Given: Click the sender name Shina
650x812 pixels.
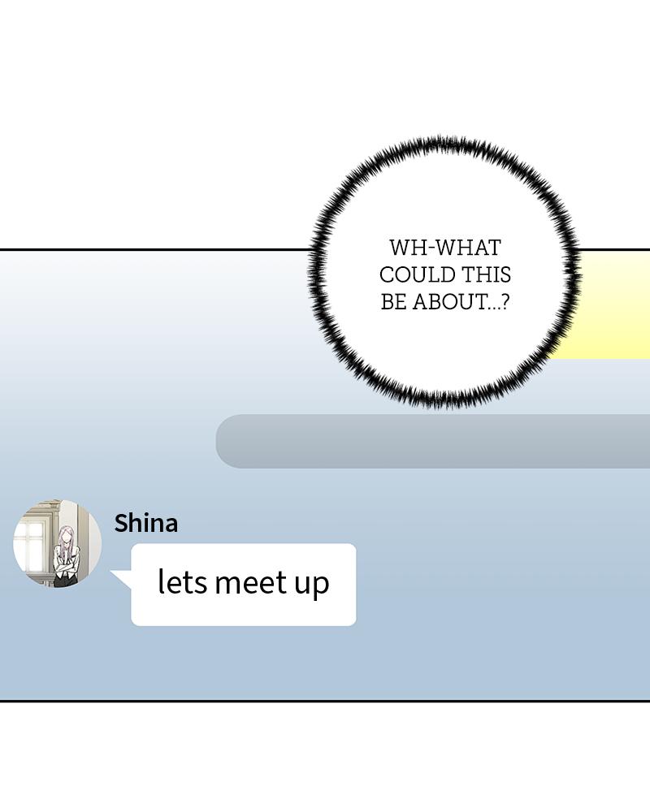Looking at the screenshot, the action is click(x=146, y=523).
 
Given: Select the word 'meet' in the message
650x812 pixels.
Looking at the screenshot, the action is click(x=250, y=582).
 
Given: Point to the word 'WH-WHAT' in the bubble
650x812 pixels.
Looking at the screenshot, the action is click(x=445, y=248).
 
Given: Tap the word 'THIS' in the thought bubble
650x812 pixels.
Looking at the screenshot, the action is click(x=486, y=275).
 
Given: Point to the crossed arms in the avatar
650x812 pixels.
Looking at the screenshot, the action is click(x=65, y=568).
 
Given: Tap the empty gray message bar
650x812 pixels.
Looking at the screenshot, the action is click(x=433, y=441).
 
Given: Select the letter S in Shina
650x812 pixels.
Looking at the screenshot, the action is click(x=121, y=523).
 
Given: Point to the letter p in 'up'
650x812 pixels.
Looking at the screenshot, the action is click(x=321, y=586).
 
